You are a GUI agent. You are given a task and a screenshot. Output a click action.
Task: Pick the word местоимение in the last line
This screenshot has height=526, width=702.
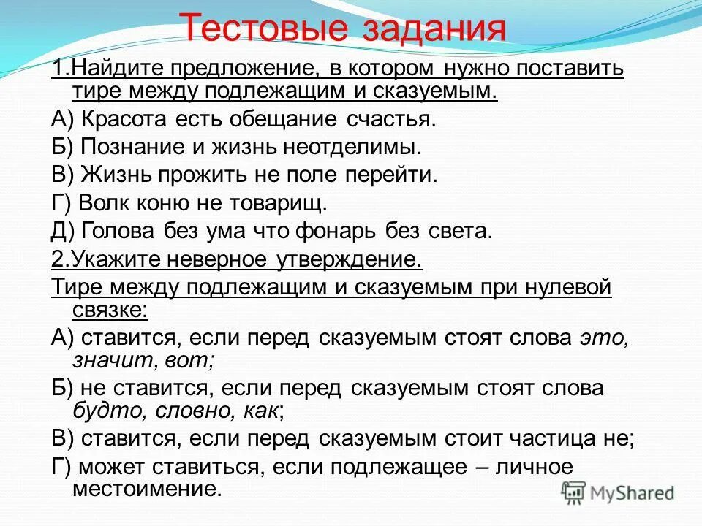coord(146,487)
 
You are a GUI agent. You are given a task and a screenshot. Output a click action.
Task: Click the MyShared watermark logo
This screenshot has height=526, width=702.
coord(619,492)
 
